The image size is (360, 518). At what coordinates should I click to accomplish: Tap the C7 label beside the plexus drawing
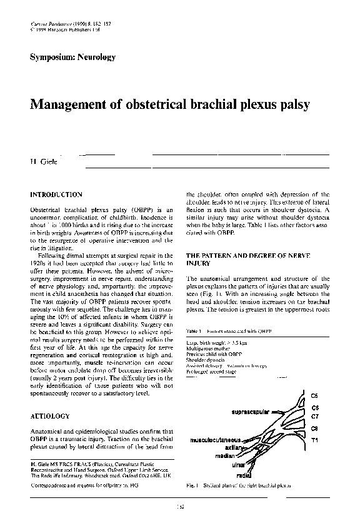point(316,415)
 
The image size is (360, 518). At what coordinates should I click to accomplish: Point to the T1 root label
point(316,440)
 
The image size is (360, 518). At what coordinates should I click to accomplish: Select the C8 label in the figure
point(316,429)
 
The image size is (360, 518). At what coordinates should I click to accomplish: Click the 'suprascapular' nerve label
point(252,413)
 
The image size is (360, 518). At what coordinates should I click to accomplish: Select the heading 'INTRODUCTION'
point(56,195)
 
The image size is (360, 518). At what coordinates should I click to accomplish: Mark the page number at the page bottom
point(180,507)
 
